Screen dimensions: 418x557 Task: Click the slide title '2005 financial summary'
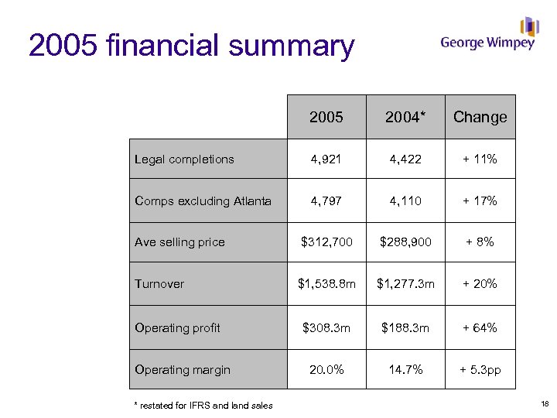191,46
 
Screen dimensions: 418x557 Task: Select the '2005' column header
326,117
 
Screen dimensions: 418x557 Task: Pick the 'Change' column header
480,117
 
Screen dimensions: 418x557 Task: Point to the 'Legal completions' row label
184,159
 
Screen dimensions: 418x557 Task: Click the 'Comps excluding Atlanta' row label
203,201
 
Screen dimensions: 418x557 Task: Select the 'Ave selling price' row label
179,242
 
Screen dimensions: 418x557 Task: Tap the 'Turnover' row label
159,284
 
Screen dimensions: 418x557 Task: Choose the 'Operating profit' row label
177,328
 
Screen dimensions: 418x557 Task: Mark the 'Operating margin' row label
183,370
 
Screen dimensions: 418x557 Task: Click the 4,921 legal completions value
326,159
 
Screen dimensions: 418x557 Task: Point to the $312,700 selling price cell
326,242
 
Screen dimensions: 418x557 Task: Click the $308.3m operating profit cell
326,328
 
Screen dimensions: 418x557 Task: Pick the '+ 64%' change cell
480,328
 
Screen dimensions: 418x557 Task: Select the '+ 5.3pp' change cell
480,370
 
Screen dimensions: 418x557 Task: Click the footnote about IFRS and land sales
203,405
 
